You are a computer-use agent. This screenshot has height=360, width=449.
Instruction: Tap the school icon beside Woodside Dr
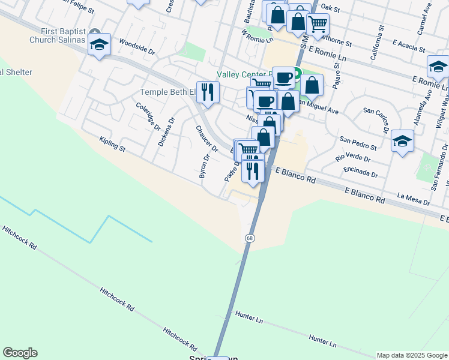tap(99, 45)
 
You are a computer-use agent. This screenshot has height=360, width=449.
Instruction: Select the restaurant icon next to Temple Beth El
tap(208, 92)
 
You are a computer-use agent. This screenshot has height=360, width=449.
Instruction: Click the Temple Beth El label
tap(167, 92)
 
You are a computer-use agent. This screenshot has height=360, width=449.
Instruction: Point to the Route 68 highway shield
tap(249, 238)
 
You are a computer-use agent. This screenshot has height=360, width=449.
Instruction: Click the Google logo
tap(20, 353)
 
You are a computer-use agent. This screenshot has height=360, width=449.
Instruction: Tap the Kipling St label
tap(112, 144)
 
